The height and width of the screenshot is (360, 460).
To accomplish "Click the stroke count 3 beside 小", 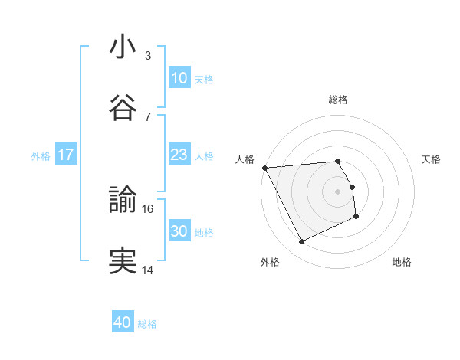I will pyautogui.click(x=147, y=56).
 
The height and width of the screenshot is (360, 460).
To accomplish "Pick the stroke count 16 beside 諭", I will pyautogui.click(x=149, y=208).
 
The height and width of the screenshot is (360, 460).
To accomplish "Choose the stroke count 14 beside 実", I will pyautogui.click(x=148, y=270).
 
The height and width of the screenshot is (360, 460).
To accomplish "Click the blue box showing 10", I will pyautogui.click(x=179, y=78).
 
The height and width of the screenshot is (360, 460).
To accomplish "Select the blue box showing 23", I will pyautogui.click(x=179, y=155).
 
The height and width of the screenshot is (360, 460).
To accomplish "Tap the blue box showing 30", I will pyautogui.click(x=179, y=231).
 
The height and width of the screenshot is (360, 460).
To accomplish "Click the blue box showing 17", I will pyautogui.click(x=66, y=155).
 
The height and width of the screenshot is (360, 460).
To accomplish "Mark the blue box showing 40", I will pyautogui.click(x=123, y=322).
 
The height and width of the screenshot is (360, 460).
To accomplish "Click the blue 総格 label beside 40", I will pyautogui.click(x=147, y=324).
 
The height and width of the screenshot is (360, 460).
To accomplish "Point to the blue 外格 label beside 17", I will pyautogui.click(x=41, y=155).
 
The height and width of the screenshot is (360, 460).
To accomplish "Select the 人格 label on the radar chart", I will pyautogui.click(x=246, y=159).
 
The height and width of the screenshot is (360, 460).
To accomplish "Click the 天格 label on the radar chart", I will pyautogui.click(x=431, y=159).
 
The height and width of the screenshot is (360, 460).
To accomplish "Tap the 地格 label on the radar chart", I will pyautogui.click(x=402, y=262).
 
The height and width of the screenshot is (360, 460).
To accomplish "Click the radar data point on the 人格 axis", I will pyautogui.click(x=264, y=168).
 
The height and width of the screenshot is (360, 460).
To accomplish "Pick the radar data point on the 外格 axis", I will pyautogui.click(x=301, y=242).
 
